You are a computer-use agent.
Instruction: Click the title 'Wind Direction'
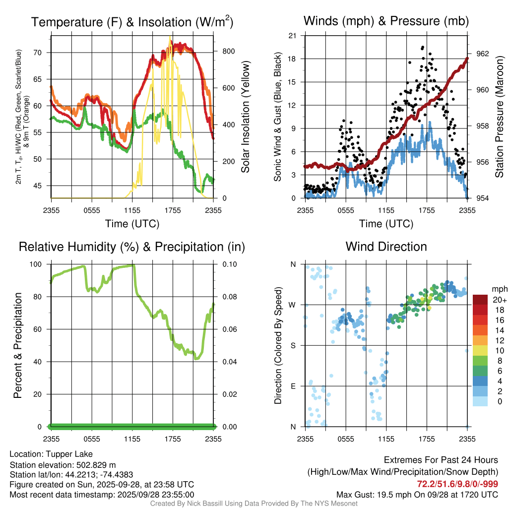click(386, 247)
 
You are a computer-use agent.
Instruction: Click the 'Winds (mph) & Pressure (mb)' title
click(386, 21)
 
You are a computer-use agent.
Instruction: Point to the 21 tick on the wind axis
click(293, 36)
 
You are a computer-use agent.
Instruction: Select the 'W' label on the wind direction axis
click(293, 305)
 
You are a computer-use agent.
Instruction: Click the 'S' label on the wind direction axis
click(293, 345)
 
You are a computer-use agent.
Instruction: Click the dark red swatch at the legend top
click(480, 300)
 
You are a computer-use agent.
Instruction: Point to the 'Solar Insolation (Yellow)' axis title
click(246, 117)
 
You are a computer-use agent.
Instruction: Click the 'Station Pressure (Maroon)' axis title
click(499, 117)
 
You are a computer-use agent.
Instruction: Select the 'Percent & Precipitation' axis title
click(17, 345)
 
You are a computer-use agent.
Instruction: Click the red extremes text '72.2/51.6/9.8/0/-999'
click(457, 484)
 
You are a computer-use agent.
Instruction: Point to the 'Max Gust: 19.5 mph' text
click(377, 494)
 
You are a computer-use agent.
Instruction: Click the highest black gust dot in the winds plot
click(422, 48)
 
